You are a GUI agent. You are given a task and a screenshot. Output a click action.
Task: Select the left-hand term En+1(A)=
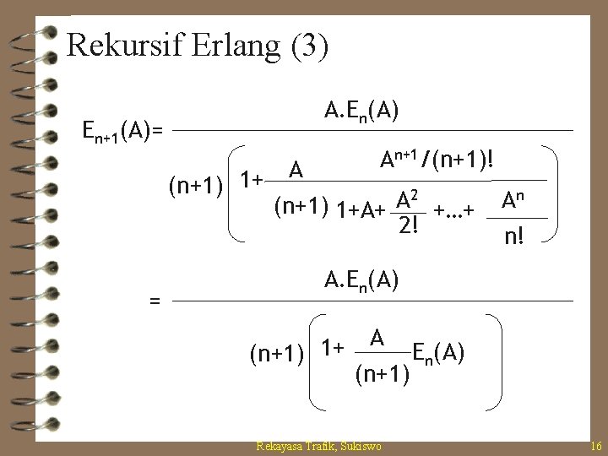pyautogui.click(x=124, y=130)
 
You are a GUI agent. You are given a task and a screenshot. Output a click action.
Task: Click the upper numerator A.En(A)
pyautogui.click(x=362, y=111)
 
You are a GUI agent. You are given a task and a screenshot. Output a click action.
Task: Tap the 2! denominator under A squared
pyautogui.click(x=410, y=225)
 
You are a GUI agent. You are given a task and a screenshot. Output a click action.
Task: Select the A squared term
pyautogui.click(x=410, y=199)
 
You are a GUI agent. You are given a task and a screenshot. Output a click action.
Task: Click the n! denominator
pyautogui.click(x=513, y=237)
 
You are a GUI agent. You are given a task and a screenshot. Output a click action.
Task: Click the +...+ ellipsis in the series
pyautogui.click(x=453, y=209)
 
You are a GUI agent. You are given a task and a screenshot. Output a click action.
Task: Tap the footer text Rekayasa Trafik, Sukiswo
pyautogui.click(x=318, y=445)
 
